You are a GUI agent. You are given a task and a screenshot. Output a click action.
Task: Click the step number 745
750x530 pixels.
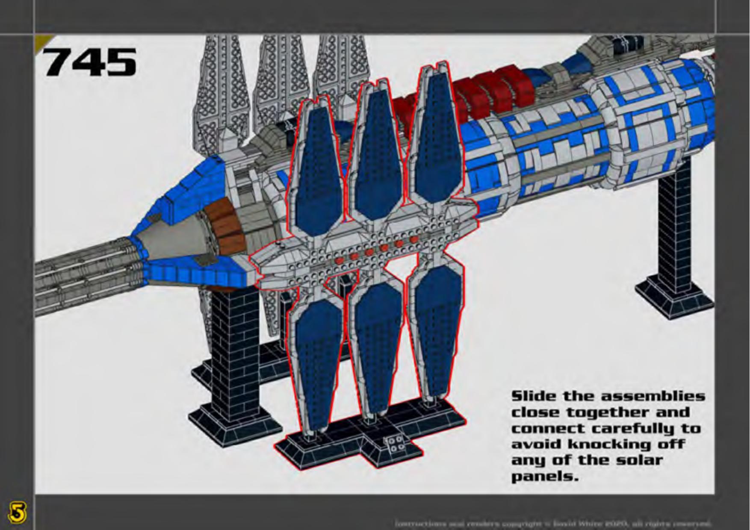90,62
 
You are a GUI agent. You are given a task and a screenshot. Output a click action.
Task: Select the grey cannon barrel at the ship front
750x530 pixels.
86,274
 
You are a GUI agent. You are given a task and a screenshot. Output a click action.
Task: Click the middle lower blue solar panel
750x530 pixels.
376,338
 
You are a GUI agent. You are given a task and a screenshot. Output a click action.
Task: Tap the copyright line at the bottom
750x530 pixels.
553,523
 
